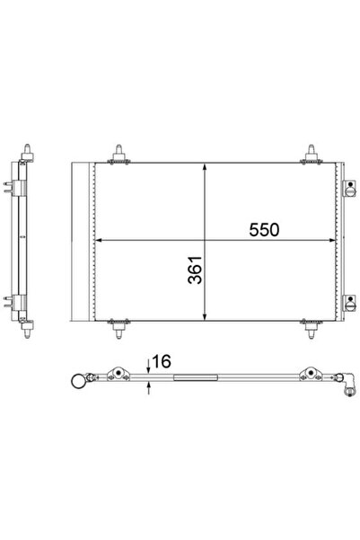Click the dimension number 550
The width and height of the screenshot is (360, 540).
tap(264, 230)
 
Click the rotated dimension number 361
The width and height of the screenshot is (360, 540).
tap(195, 270)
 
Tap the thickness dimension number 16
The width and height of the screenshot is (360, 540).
tap(161, 361)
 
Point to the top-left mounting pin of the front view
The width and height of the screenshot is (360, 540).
tap(119, 155)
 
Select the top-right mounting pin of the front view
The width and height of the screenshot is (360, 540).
tap(312, 155)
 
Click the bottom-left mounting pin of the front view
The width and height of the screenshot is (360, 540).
tap(119, 329)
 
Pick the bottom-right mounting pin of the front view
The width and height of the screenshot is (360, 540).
tap(312, 329)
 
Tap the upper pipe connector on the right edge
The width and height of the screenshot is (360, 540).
tap(349, 189)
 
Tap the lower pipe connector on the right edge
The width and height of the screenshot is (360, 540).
tap(349, 304)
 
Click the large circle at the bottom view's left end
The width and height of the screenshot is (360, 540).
tap(78, 382)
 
